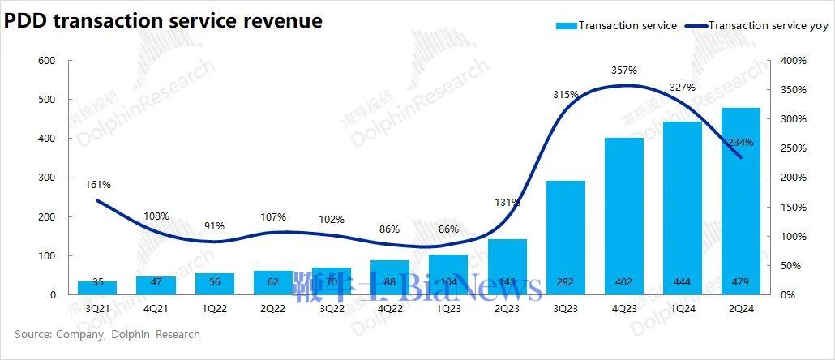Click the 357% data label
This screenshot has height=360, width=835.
pos(624,71)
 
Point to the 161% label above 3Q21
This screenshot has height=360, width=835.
pos(98,185)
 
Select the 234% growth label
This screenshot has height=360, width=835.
pos(741,143)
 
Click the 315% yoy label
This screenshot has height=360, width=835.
pos(565,95)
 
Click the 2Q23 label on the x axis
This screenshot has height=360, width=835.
pos(507,308)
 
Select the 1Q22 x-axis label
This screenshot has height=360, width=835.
pos(215,308)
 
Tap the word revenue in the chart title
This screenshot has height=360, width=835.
pos(284,21)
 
